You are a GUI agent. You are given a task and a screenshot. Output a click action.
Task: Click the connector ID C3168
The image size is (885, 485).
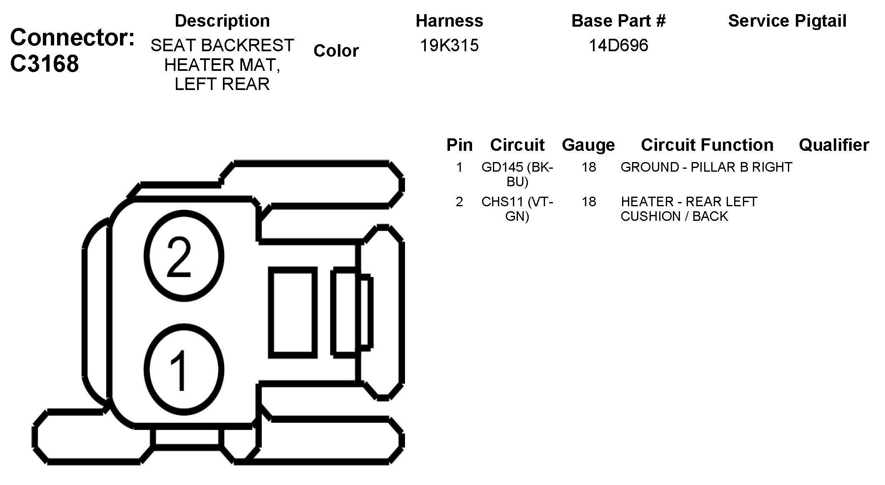coord(45,64)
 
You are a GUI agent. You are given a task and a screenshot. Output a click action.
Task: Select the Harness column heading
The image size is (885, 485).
coord(449,21)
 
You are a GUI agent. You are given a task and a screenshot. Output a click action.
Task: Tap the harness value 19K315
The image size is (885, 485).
coord(449,45)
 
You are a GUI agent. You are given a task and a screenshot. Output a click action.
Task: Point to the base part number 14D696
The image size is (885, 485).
coord(618,45)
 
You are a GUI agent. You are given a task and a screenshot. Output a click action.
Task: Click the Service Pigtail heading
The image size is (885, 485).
coord(787,21)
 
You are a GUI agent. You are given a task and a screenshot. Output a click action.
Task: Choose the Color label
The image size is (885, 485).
coord(336,51)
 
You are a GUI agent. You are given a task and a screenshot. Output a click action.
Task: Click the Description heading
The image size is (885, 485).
coord(222,21)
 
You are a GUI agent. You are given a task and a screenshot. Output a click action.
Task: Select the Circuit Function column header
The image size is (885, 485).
coord(707,145)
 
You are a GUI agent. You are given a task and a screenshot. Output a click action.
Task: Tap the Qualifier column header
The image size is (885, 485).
coord(834,145)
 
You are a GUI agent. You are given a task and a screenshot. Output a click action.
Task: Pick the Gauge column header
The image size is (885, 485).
coord(588,145)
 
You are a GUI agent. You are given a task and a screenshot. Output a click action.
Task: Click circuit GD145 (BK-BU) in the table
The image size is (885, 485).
coord(517,174)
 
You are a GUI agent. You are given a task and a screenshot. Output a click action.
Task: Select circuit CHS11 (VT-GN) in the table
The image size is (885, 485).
coord(517,209)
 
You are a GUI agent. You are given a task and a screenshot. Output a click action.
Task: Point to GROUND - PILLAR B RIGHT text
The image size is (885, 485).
coord(706,167)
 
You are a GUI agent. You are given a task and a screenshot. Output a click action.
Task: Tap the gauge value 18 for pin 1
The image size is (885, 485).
coord(589,167)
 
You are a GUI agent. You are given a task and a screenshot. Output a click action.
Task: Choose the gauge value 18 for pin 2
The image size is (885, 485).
coord(589,202)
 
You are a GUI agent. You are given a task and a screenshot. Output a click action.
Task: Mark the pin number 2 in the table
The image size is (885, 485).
coord(459,202)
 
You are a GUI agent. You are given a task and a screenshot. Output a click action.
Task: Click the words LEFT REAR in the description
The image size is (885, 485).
coord(222,84)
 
